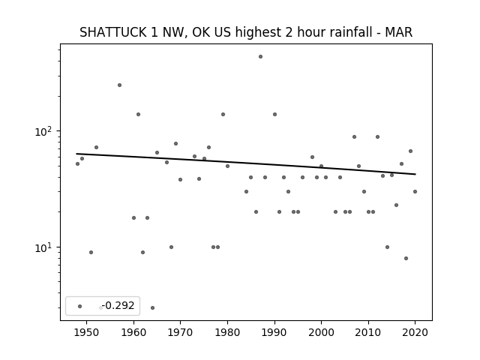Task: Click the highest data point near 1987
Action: (x=260, y=57)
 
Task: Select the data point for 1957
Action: (x=119, y=85)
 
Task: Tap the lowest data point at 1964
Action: (x=152, y=308)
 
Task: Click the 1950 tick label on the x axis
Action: (x=87, y=332)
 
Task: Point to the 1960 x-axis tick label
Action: (x=133, y=332)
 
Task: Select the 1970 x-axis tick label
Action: (x=181, y=332)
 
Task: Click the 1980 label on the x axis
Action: (x=227, y=332)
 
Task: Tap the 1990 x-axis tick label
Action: (x=274, y=332)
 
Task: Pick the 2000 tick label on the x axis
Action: (x=322, y=332)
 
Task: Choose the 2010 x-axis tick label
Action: (x=368, y=332)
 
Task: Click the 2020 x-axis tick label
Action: (x=415, y=332)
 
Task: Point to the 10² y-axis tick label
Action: (x=45, y=131)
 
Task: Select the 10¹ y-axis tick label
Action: (x=45, y=247)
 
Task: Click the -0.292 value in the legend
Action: (x=118, y=305)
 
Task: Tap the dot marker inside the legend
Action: (x=80, y=306)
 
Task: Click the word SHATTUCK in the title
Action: (x=112, y=32)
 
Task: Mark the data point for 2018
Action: (x=406, y=258)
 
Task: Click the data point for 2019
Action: (x=410, y=151)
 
